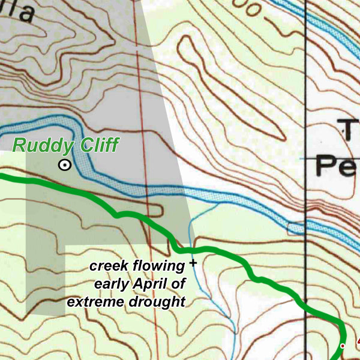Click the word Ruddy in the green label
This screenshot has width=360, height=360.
(x=41, y=145)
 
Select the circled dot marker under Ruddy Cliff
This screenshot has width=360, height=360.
(x=64, y=166)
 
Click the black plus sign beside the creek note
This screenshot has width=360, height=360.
(x=193, y=263)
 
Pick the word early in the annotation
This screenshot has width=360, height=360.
(x=113, y=283)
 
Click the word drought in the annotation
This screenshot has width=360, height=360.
(x=159, y=301)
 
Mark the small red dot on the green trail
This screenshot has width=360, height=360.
(x=343, y=346)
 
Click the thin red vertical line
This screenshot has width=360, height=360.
(x=137, y=90)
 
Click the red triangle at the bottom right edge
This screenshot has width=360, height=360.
(x=358, y=342)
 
